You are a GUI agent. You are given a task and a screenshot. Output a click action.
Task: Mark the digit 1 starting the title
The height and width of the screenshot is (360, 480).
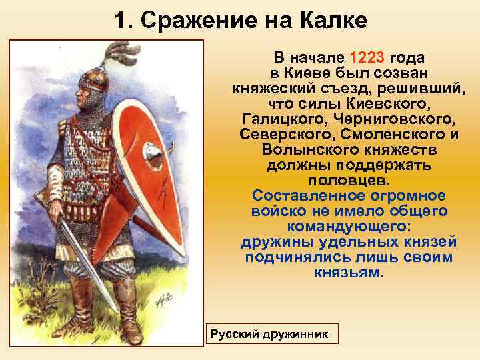coord(119,21)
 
